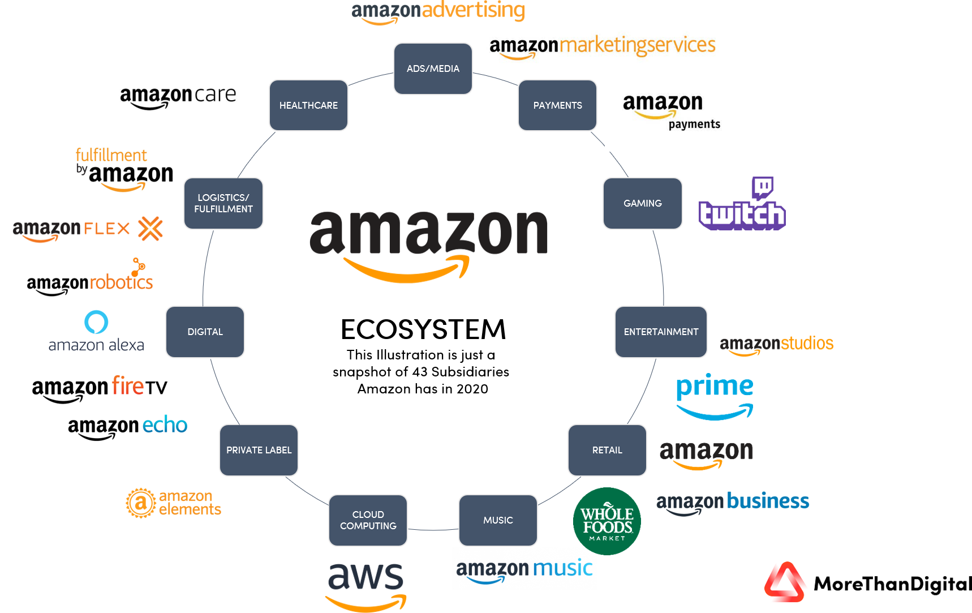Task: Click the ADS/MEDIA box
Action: click(x=433, y=68)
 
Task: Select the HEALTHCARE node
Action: click(x=308, y=105)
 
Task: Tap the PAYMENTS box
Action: click(x=557, y=105)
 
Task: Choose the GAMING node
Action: click(x=642, y=203)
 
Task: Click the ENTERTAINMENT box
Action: click(x=661, y=332)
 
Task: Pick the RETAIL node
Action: click(x=607, y=450)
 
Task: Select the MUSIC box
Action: click(x=498, y=520)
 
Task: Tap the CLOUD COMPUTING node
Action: click(x=368, y=520)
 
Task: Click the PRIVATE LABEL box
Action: click(x=259, y=450)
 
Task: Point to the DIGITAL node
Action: click(x=205, y=332)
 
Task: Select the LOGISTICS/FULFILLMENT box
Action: click(x=223, y=203)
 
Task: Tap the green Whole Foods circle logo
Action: click(x=607, y=521)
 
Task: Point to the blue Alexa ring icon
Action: click(x=96, y=322)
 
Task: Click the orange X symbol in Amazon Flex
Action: click(x=150, y=228)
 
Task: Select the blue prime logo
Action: click(x=715, y=396)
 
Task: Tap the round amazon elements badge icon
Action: click(x=140, y=503)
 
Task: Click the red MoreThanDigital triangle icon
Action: click(x=785, y=583)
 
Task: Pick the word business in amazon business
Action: click(x=768, y=501)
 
